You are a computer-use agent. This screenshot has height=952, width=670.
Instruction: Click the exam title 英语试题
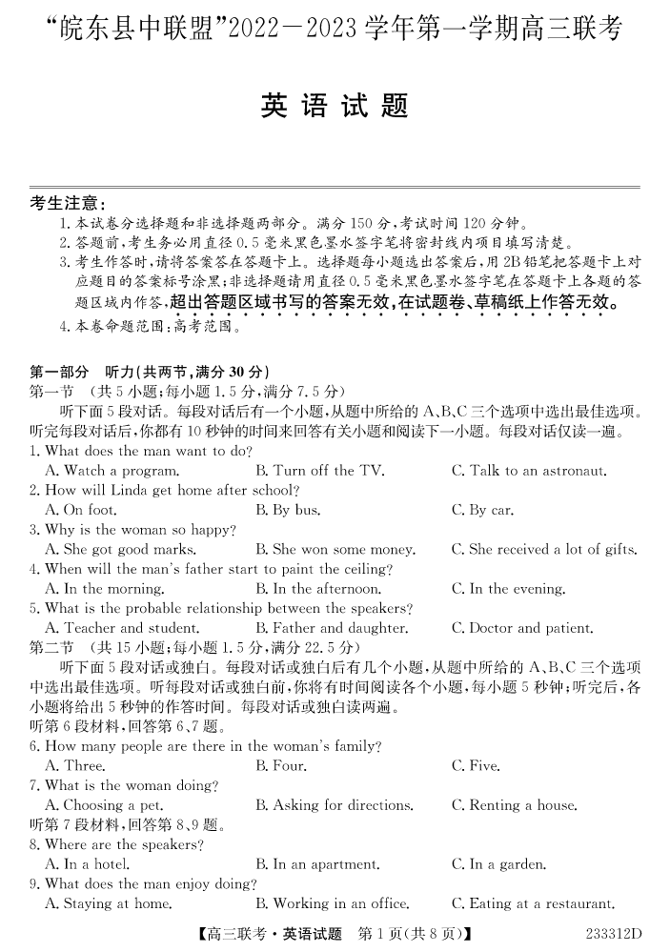pyautogui.click(x=335, y=106)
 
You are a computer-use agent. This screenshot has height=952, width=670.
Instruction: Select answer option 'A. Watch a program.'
pyautogui.click(x=112, y=471)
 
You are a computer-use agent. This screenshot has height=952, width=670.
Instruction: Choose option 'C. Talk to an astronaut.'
pyautogui.click(x=528, y=471)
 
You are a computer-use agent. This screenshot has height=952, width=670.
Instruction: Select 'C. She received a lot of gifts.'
pyautogui.click(x=543, y=550)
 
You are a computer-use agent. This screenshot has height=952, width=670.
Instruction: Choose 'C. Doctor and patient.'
pyautogui.click(x=521, y=629)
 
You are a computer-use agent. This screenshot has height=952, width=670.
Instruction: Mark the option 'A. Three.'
pyautogui.click(x=75, y=766)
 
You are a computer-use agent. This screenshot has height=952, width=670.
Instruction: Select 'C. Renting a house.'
pyautogui.click(x=514, y=805)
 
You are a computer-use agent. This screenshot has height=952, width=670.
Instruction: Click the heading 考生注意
pyautogui.click(x=68, y=203)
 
